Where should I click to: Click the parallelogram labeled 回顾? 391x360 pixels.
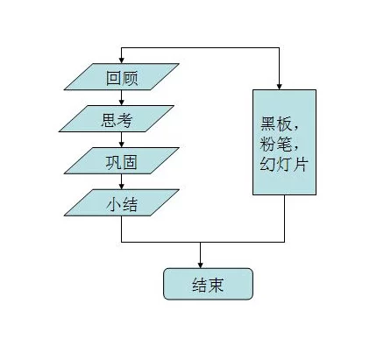pyautogui.click(x=122, y=76)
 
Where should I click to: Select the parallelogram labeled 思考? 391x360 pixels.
pyautogui.click(x=117, y=118)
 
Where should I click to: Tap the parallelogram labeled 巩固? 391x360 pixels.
pyautogui.click(x=122, y=160)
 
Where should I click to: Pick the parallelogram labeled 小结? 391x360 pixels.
pyautogui.click(x=122, y=202)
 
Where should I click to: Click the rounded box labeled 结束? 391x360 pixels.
pyautogui.click(x=208, y=284)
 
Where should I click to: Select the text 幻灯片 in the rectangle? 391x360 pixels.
pyautogui.click(x=284, y=164)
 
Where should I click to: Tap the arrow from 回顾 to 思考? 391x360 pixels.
pyautogui.click(x=122, y=98)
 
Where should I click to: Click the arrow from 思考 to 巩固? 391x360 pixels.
pyautogui.click(x=122, y=140)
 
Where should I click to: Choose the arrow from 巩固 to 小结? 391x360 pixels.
pyautogui.click(x=122, y=182)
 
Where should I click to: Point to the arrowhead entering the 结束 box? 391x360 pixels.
pyautogui.click(x=200, y=265)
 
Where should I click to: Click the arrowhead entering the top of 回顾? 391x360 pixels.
pyautogui.click(x=122, y=60)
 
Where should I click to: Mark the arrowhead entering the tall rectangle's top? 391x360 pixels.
pyautogui.click(x=279, y=87)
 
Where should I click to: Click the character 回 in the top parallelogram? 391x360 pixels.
pyautogui.click(x=114, y=78)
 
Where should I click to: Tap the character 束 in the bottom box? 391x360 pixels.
pyautogui.click(x=216, y=285)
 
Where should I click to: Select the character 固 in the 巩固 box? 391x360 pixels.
pyautogui.click(x=130, y=162)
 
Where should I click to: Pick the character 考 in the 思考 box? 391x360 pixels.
pyautogui.click(x=124, y=120)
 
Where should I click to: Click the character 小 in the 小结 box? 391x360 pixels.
pyautogui.click(x=113, y=204)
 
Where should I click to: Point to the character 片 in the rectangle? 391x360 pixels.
pyautogui.click(x=301, y=164)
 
